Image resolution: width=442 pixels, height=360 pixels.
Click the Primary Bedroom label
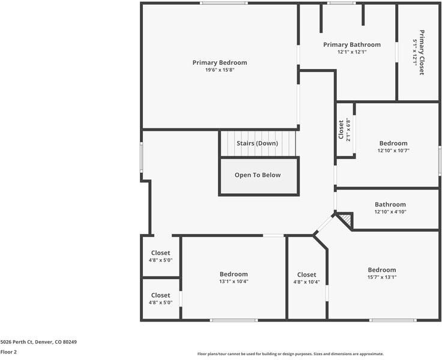[x=220, y=62]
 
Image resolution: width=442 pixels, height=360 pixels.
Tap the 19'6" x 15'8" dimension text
[x=220, y=70]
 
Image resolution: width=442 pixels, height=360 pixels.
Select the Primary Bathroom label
[x=352, y=44]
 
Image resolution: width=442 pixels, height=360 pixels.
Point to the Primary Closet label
[x=422, y=52]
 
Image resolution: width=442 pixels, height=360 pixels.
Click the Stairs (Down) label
[x=258, y=143]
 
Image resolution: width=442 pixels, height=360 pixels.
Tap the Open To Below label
[x=258, y=175]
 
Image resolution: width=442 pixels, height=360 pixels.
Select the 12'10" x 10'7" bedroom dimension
[x=393, y=151]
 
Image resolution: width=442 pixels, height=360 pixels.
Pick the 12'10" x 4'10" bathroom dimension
[x=390, y=212]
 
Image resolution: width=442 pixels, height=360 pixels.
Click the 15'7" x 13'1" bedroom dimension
[x=382, y=277]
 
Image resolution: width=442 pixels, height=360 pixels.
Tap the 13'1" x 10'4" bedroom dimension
[x=234, y=281]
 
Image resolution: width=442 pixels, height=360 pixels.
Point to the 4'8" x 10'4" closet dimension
[x=307, y=281]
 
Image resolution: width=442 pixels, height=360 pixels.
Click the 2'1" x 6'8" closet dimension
[x=348, y=130]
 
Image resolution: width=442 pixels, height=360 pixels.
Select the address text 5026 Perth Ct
[x=17, y=342]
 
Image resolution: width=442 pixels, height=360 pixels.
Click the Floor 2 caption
[x=8, y=352]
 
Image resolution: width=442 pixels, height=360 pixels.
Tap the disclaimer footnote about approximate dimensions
[x=290, y=354]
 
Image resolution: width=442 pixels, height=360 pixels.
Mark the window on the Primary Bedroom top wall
[x=224, y=3]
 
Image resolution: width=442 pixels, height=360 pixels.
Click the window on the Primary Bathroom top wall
[x=341, y=3]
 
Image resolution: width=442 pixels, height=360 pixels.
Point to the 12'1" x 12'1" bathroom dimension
[x=352, y=52]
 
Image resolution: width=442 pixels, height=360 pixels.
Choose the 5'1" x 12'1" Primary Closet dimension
[x=415, y=52]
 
